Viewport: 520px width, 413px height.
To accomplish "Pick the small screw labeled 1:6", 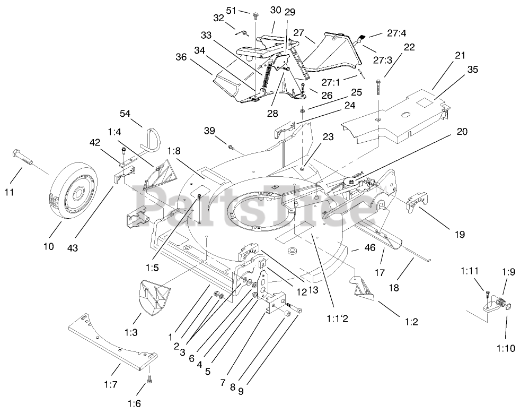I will (x=149, y=381).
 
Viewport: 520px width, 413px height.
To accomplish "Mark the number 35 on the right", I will (x=473, y=68).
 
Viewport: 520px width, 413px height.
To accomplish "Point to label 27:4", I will (x=397, y=33).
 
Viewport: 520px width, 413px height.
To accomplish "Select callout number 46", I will (x=370, y=248).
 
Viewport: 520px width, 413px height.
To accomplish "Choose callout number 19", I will (x=459, y=234).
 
